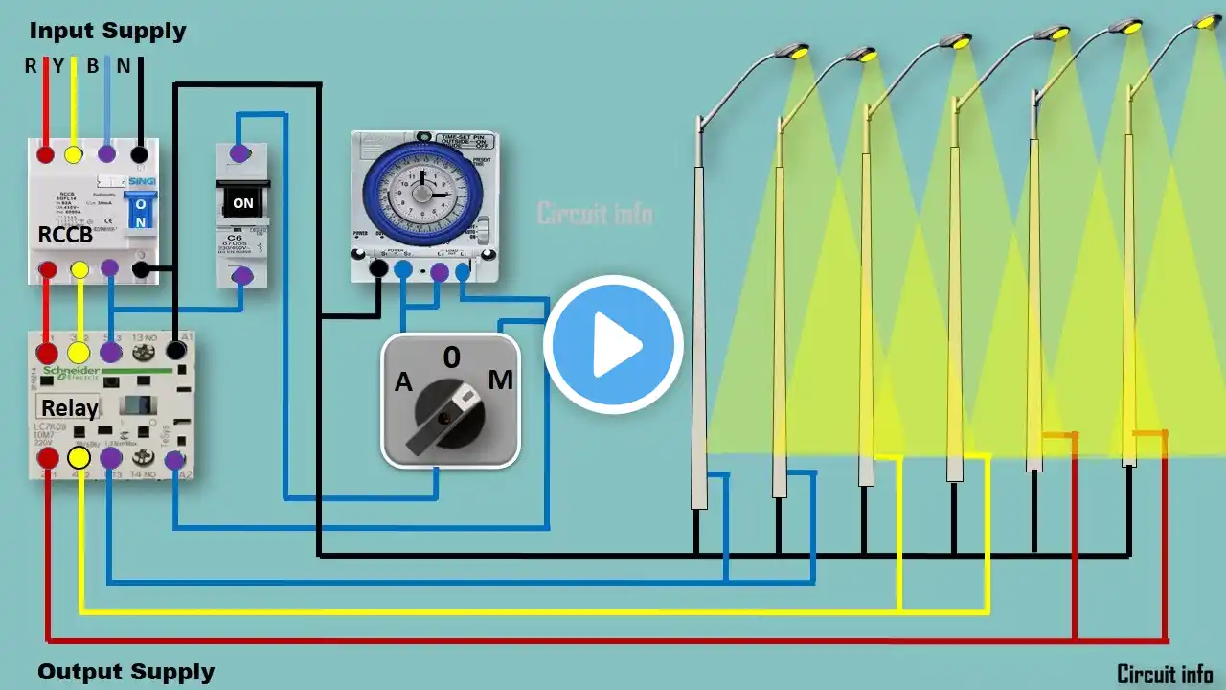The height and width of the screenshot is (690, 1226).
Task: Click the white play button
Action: click(x=613, y=345)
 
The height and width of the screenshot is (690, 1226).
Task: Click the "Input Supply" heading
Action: click(x=107, y=31)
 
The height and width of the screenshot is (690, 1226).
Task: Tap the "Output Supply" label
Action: click(x=125, y=672)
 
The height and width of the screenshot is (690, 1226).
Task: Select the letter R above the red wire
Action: click(x=31, y=66)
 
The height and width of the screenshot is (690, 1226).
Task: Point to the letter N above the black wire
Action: click(x=124, y=66)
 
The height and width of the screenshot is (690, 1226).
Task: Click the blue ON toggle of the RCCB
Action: click(x=141, y=212)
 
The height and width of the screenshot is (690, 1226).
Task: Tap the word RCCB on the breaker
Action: click(x=65, y=235)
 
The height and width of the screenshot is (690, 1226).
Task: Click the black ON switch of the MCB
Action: click(x=243, y=202)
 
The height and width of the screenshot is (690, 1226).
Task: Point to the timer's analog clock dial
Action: click(x=422, y=193)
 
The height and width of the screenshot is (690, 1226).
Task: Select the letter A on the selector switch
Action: click(x=404, y=383)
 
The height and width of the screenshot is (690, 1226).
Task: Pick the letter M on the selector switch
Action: click(x=500, y=380)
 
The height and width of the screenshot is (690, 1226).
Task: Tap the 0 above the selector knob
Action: click(x=451, y=357)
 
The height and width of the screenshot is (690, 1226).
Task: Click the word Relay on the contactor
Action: click(x=69, y=408)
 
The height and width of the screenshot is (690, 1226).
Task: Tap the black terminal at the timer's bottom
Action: click(x=378, y=269)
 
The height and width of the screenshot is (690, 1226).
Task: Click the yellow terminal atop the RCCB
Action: click(x=73, y=154)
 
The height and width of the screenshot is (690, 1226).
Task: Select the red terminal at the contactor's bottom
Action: click(x=47, y=459)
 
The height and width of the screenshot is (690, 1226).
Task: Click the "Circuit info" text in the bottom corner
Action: click(x=1165, y=674)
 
